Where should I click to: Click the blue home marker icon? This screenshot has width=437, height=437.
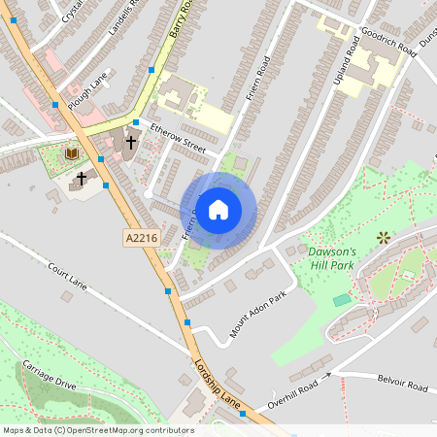tap(218, 208)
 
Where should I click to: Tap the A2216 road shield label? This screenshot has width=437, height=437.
tap(140, 237)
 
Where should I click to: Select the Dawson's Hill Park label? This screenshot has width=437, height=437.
tap(332, 257)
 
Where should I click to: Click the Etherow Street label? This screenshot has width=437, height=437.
tap(178, 145)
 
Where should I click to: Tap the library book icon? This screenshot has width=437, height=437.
tap(71, 153)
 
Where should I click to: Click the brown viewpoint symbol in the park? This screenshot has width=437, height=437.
tap(383, 236)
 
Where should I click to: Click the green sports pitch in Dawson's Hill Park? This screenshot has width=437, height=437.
tap(341, 300)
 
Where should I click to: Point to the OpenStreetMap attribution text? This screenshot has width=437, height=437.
tap(97, 430)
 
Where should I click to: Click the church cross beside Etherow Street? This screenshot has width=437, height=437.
tap(130, 142)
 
